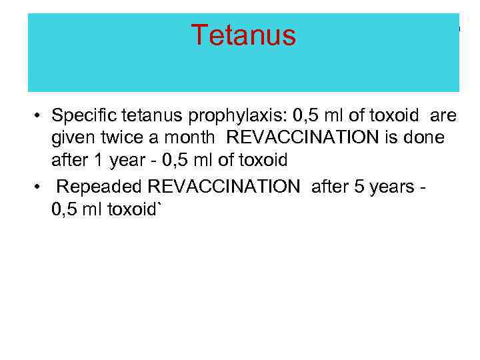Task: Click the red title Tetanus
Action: click(243, 35)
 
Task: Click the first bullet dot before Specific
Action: click(40, 117)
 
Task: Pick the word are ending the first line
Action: click(443, 116)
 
